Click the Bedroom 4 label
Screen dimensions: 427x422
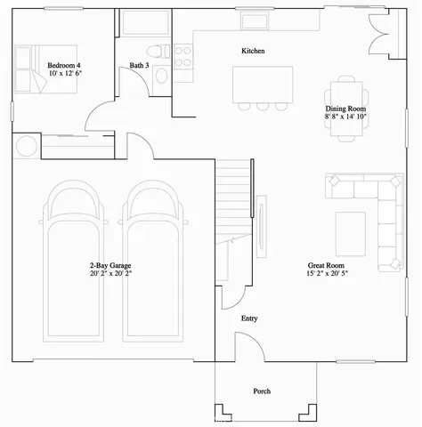tap(64, 65)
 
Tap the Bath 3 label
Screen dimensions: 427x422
tap(138, 65)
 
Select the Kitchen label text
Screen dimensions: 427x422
tap(253, 51)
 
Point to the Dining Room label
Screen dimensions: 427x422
tap(345, 109)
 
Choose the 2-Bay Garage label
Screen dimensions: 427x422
tap(110, 265)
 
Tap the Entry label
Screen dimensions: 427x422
tap(249, 318)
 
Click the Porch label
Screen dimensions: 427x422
tap(262, 391)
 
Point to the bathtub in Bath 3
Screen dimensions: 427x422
tap(146, 23)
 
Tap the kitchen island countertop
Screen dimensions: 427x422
tap(263, 84)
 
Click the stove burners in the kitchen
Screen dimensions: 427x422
tap(183, 57)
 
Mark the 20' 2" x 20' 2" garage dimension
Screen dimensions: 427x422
tap(110, 274)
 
